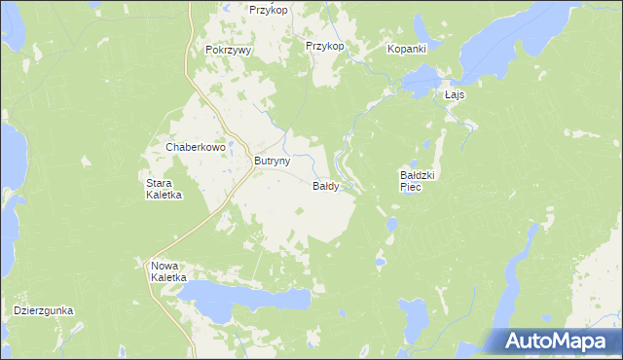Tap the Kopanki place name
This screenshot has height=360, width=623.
(409, 48)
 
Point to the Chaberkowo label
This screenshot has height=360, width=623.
(196, 147)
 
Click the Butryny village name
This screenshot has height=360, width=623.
(272, 162)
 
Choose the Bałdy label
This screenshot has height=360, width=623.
(325, 186)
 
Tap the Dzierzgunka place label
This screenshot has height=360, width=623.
(44, 311)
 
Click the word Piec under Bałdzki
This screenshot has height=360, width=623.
(410, 187)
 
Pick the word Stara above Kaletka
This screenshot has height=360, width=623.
(159, 183)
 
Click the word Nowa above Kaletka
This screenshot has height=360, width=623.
(164, 266)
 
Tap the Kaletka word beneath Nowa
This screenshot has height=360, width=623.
(168, 277)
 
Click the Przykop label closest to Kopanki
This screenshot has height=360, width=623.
(325, 46)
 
